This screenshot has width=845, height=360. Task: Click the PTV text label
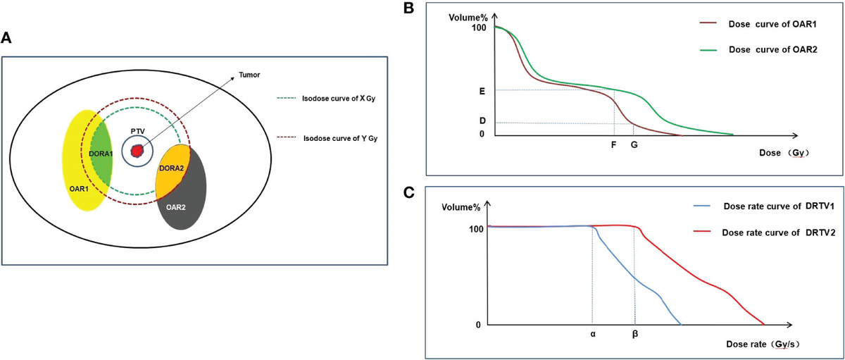coord(137,131)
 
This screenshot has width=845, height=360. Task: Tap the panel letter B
coord(427,8)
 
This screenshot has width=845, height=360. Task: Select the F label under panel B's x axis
coord(613,145)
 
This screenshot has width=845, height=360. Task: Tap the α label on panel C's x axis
coord(593,335)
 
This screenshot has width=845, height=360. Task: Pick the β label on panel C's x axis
coord(635,335)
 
